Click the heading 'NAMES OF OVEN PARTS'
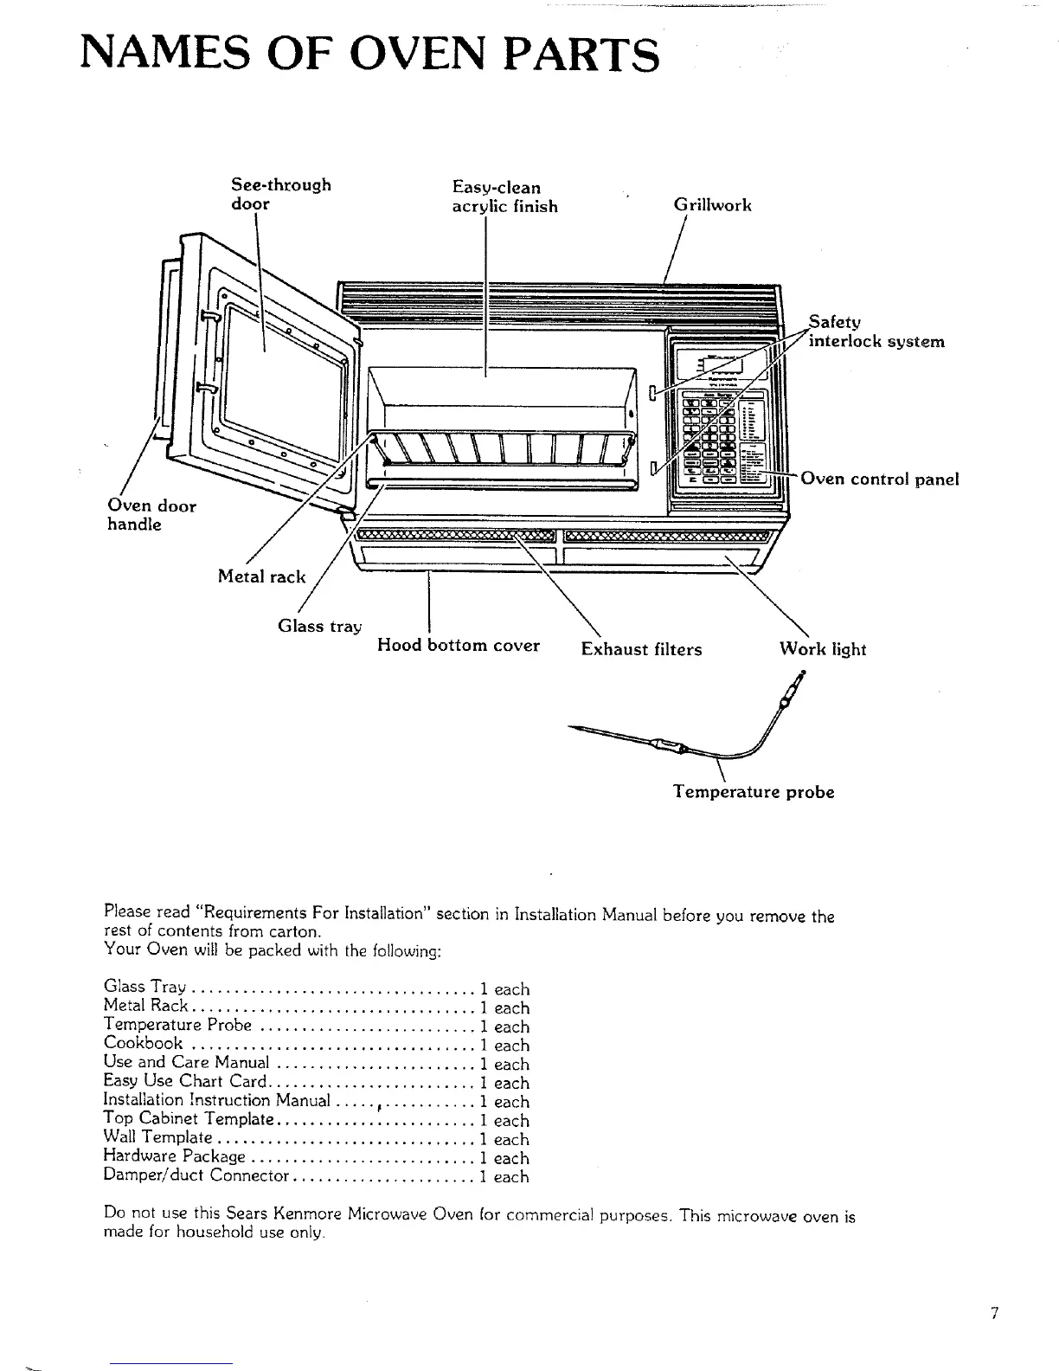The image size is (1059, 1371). [369, 54]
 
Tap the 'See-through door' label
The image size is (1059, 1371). [280, 195]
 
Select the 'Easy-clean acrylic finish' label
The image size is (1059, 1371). [504, 197]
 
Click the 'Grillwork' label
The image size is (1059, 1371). [712, 205]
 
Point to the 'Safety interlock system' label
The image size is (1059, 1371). [875, 331]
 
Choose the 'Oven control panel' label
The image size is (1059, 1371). [879, 479]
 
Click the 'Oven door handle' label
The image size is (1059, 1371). [151, 515]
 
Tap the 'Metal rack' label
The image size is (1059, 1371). [261, 576]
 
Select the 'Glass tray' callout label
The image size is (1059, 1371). [319, 626]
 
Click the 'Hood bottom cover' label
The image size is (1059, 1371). [458, 646]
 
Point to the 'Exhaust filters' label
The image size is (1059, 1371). [641, 649]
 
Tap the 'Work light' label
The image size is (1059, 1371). [822, 649]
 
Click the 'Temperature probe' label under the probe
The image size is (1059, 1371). [754, 792]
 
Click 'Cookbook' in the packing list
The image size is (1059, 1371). [143, 1044]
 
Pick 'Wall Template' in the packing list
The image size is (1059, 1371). [157, 1138]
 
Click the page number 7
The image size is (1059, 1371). [995, 1313]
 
